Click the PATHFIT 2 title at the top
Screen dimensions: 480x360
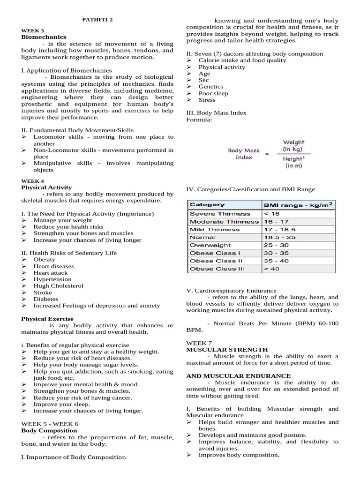pos(97,20)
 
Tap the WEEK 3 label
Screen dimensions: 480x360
pos(33,30)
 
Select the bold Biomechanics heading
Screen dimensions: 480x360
pos(44,37)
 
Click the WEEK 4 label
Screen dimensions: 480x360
pos(33,181)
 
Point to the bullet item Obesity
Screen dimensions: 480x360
pos(44,260)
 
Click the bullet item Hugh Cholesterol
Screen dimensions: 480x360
pos(58,286)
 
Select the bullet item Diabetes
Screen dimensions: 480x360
pos(45,299)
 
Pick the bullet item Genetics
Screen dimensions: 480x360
pos(210,87)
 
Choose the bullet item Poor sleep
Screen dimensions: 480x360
pos(213,93)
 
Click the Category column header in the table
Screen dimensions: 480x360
pos(207,205)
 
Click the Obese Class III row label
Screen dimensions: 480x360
pos(217,269)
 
